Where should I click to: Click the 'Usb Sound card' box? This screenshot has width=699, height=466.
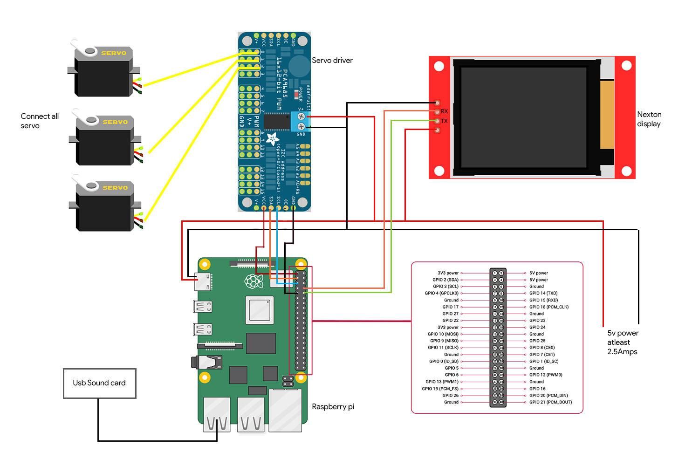pyautogui.click(x=99, y=383)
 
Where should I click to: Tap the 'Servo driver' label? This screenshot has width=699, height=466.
pyautogui.click(x=332, y=60)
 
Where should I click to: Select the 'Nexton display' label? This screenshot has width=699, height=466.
pyautogui.click(x=649, y=119)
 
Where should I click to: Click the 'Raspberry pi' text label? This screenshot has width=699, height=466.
pyautogui.click(x=333, y=406)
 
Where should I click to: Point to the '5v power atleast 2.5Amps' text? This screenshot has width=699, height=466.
pyautogui.click(x=623, y=342)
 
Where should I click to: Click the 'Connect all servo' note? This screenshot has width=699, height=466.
pyautogui.click(x=40, y=121)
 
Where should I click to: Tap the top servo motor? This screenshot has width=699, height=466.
pyautogui.click(x=103, y=72)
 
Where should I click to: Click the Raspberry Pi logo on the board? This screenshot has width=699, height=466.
pyautogui.click(x=252, y=281)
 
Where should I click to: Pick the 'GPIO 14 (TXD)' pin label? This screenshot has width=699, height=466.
pyautogui.click(x=543, y=293)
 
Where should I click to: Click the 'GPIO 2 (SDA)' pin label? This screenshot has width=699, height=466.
pyautogui.click(x=445, y=280)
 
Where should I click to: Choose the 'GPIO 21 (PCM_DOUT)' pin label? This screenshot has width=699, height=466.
pyautogui.click(x=550, y=402)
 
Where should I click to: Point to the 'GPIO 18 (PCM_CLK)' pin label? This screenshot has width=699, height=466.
pyautogui.click(x=548, y=307)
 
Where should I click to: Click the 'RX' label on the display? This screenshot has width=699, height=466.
pyautogui.click(x=444, y=111)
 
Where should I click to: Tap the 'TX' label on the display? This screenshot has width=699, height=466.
pyautogui.click(x=444, y=121)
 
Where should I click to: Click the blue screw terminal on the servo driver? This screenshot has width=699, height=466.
pyautogui.click(x=301, y=121)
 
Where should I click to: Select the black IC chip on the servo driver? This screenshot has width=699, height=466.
pyautogui.click(x=276, y=122)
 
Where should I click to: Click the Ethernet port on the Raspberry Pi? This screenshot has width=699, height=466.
pyautogui.click(x=285, y=410)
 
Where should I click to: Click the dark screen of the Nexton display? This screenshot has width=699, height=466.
pyautogui.click(x=523, y=117)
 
